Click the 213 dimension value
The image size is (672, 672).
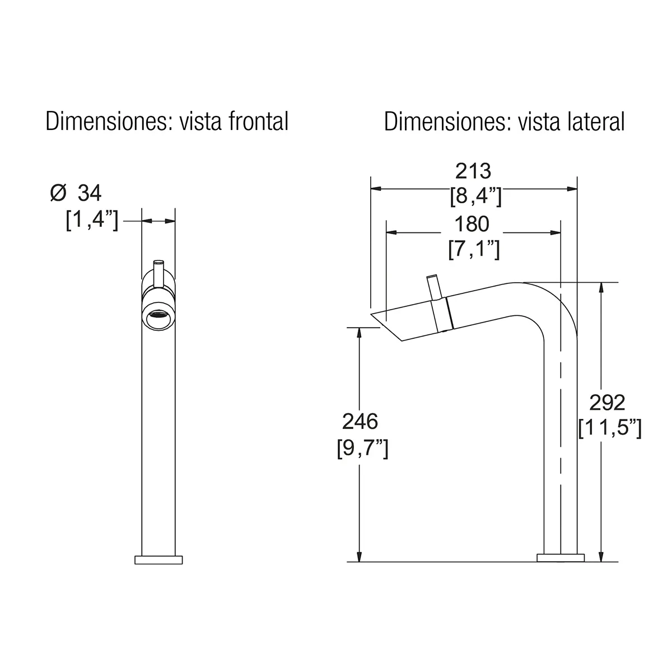(x=473, y=171)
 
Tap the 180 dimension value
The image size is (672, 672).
(x=472, y=224)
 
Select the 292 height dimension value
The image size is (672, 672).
(x=607, y=403)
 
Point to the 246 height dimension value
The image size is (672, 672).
(x=360, y=422)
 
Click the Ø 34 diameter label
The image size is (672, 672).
(x=76, y=193)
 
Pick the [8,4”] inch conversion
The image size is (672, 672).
(x=475, y=197)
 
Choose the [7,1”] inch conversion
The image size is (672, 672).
(x=474, y=249)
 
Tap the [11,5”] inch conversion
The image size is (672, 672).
(x=610, y=428)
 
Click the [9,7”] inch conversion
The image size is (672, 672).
(x=363, y=448)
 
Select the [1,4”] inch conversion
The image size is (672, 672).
(x=92, y=221)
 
